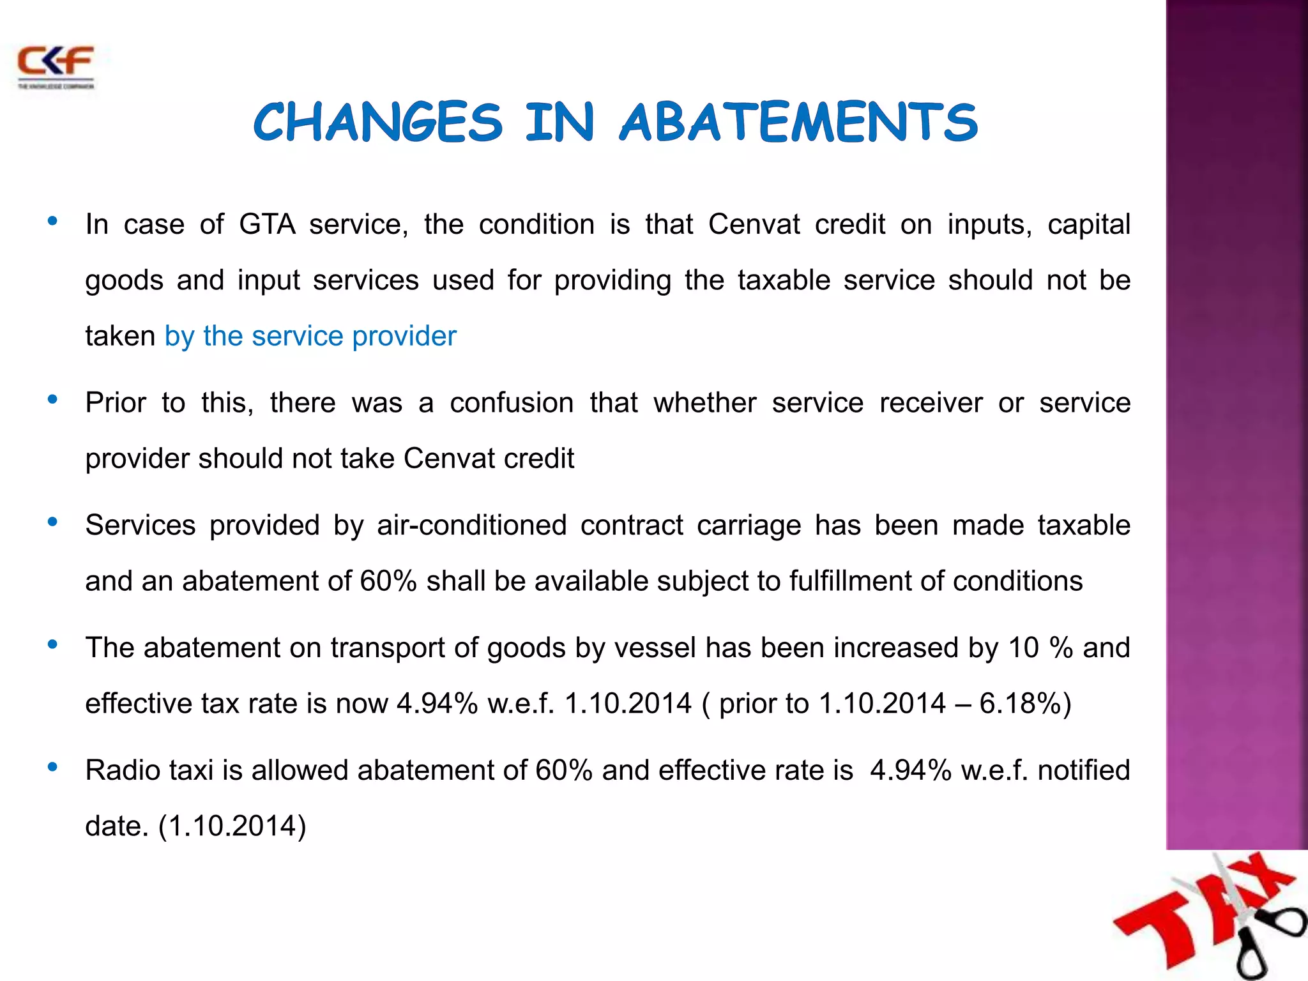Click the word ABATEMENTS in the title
point(798,123)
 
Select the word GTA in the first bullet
point(267,225)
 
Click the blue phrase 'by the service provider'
point(310,337)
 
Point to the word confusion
point(512,403)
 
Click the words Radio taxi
point(149,770)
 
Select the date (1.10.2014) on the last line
point(232,826)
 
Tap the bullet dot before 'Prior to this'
point(53,400)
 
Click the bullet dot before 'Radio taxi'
point(53,767)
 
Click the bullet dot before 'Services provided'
point(53,522)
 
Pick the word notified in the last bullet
point(1083,770)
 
